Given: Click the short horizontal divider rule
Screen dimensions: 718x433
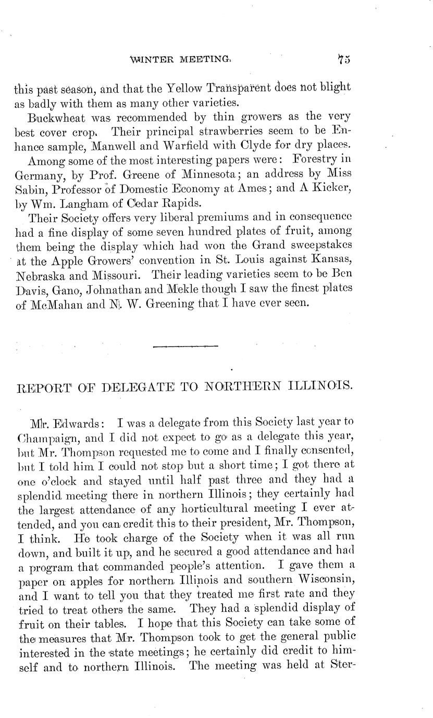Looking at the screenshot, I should point(186,346).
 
